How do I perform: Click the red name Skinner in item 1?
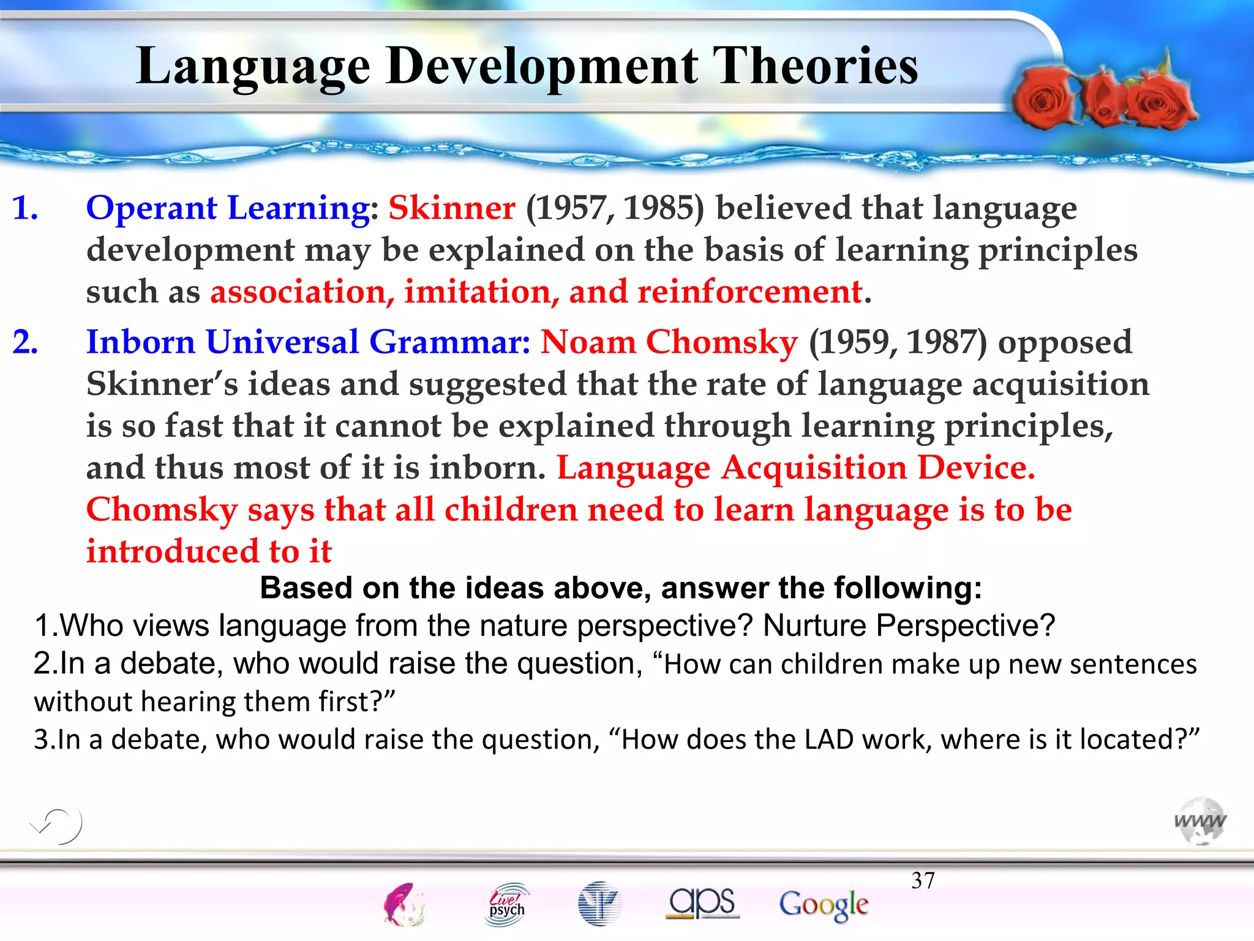(x=452, y=208)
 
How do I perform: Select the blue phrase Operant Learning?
(x=228, y=208)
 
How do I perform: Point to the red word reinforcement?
(x=749, y=292)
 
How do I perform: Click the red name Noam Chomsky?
(x=669, y=342)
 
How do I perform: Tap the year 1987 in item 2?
(x=945, y=342)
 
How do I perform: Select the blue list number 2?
(x=25, y=342)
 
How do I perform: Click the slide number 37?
(x=923, y=881)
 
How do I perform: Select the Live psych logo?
(x=507, y=904)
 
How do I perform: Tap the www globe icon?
(x=1200, y=821)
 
